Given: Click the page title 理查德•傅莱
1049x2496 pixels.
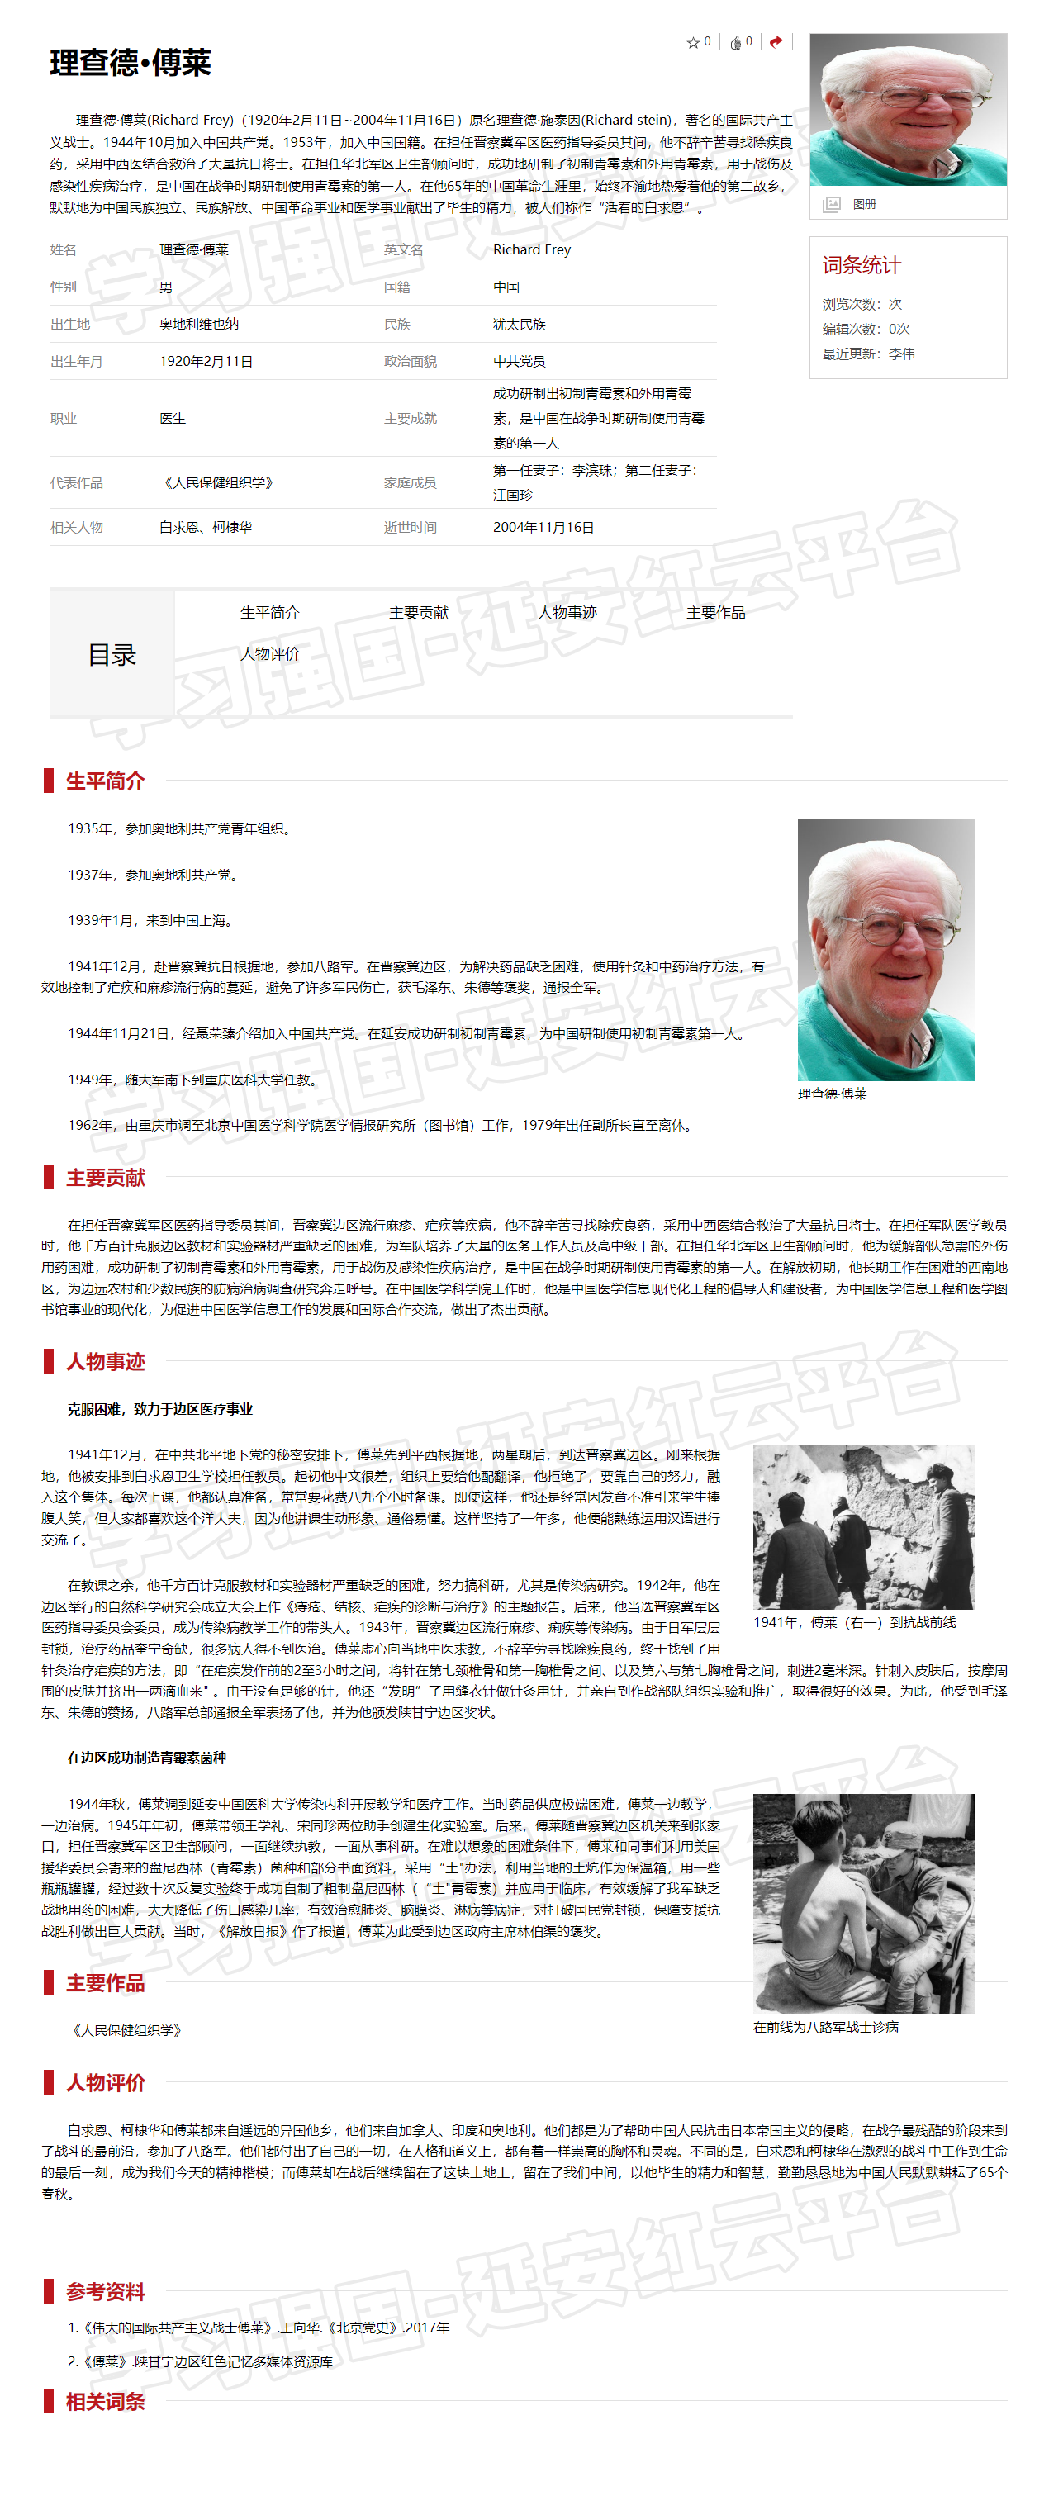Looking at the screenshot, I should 130,63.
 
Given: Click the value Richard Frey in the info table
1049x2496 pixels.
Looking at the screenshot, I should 532,250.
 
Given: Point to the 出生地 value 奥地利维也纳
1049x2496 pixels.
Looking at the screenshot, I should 198,325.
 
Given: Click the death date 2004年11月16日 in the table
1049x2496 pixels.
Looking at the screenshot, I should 543,528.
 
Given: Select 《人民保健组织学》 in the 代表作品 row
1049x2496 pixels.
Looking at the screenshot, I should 218,482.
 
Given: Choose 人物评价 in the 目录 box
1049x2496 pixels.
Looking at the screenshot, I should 270,654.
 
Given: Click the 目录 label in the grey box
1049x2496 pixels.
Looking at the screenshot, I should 112,655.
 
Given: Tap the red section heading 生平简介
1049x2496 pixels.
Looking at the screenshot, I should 105,781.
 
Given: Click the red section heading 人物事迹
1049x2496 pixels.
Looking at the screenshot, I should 105,1361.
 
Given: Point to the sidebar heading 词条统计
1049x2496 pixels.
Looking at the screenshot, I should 862,265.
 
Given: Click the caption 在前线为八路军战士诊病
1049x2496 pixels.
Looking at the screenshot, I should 825,2027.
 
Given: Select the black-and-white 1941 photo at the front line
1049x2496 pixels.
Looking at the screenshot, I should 863,1527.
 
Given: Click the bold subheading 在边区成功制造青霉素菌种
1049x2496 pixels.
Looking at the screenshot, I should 146,1758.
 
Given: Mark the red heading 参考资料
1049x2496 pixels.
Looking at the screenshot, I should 105,2291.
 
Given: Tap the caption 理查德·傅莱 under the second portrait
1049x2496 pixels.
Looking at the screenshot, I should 832,1094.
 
